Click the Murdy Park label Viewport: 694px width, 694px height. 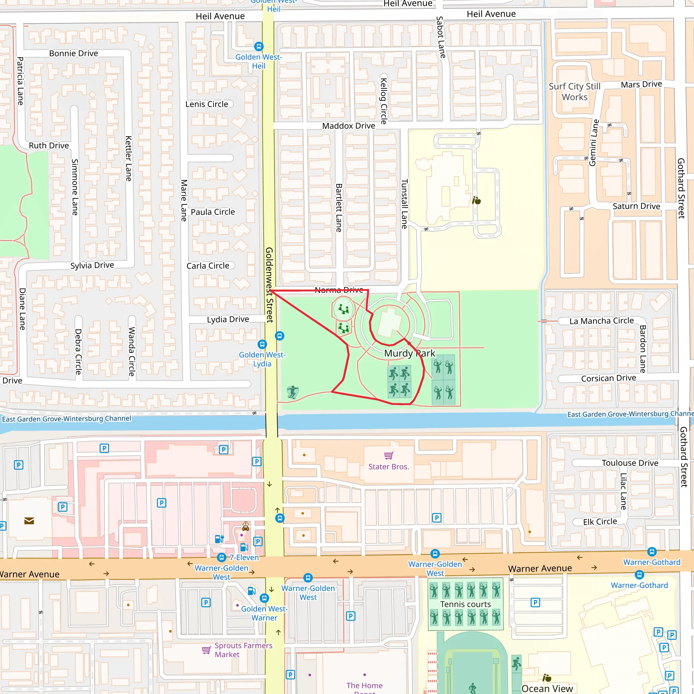point(409,353)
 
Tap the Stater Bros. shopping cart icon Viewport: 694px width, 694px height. point(389,455)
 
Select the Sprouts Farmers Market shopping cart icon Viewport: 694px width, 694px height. point(206,650)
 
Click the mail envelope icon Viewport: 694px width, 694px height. point(29,520)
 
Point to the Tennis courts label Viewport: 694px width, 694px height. point(465,604)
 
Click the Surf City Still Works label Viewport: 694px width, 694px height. point(574,91)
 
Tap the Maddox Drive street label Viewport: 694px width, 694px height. point(348,126)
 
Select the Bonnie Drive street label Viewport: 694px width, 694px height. point(73,53)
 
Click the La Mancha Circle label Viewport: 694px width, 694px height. point(601,321)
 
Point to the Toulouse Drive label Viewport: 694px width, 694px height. point(630,463)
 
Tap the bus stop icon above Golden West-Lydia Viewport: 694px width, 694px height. point(262,344)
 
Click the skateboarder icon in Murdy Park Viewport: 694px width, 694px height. point(293,392)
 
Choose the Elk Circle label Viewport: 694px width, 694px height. point(600,522)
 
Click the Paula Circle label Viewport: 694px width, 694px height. point(213,212)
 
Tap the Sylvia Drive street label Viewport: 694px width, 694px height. point(92,265)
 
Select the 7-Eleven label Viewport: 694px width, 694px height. point(244,557)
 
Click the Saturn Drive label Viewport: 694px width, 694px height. point(636,206)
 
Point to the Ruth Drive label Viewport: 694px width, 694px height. point(49,145)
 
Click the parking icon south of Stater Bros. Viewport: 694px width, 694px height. point(436,518)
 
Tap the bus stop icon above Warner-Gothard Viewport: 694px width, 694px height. point(652,551)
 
